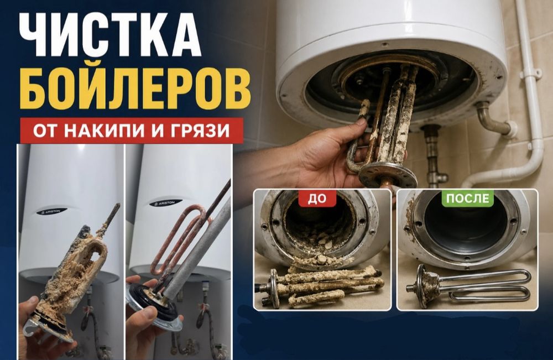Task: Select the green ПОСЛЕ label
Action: (x=467, y=197)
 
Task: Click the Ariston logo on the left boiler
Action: (x=51, y=211)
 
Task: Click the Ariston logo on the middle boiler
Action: (x=165, y=203)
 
